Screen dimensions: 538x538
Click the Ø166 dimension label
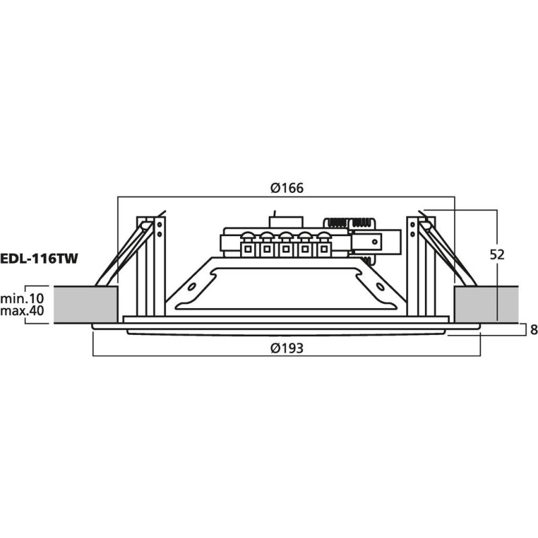287,188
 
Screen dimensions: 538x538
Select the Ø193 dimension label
287,347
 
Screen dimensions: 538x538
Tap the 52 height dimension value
498,255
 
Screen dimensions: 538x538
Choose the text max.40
22,312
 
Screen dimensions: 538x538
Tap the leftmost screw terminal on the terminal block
248,243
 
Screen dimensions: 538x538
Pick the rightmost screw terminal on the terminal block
323,243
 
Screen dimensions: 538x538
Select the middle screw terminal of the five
286,243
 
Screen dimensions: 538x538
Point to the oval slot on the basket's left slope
192,287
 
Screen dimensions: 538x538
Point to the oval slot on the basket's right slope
381,287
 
